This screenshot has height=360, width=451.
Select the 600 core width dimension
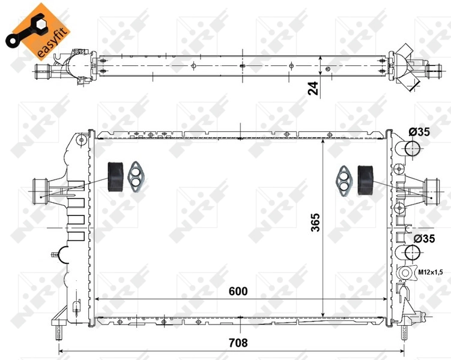238,291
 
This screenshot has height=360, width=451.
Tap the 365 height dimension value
315,224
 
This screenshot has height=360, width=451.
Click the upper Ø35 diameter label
419,133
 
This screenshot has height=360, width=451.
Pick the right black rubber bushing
365,178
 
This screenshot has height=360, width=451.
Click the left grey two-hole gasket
137,176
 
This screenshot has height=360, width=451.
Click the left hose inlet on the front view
40,191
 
